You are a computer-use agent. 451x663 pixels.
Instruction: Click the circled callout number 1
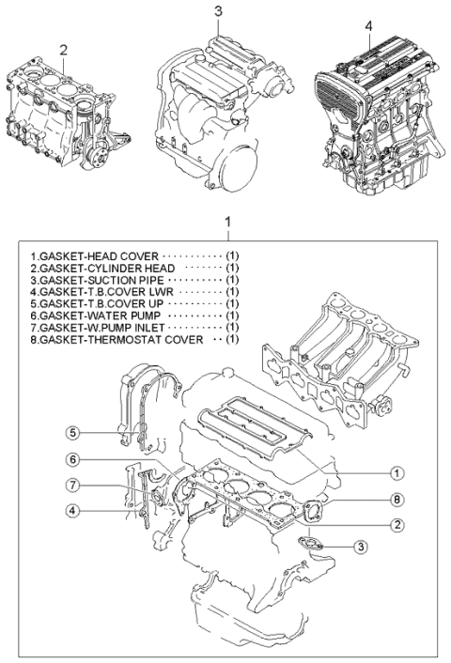(397, 472)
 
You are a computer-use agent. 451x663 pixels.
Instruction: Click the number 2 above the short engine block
(63, 49)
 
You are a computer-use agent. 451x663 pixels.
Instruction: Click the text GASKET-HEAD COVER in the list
(95, 255)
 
